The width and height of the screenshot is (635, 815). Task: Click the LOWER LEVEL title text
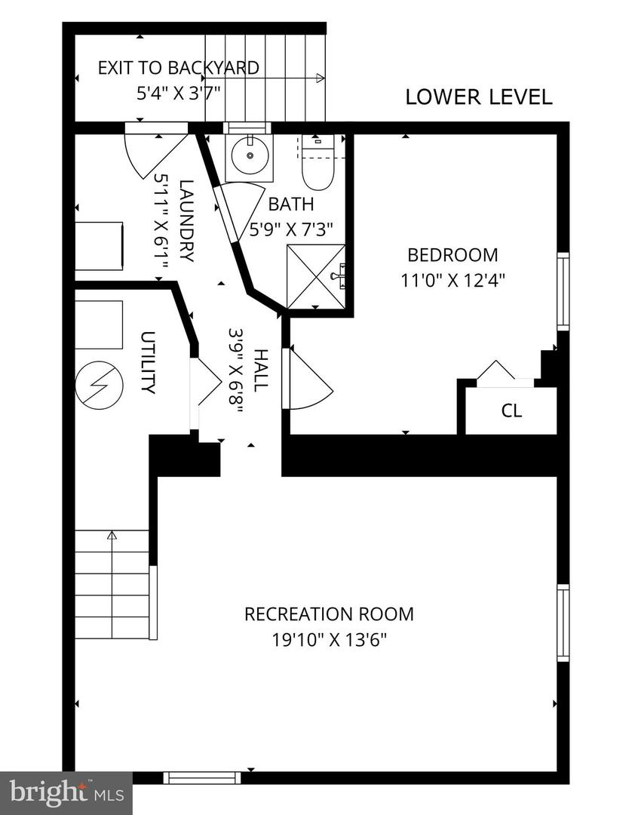479,97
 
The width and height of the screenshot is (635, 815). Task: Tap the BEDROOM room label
452,254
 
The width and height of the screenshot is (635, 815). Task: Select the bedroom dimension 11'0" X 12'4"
452,279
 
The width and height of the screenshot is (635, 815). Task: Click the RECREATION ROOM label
329,614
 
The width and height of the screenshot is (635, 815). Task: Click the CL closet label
511,411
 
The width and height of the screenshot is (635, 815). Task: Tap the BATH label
291,204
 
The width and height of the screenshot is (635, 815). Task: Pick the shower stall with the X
316,276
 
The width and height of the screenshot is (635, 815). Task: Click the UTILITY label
148,362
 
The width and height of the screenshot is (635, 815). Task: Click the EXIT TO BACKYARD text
178,68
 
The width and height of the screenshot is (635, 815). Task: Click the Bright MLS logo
66,792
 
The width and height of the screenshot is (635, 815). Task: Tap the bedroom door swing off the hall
308,380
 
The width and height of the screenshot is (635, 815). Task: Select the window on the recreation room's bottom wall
201,777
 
